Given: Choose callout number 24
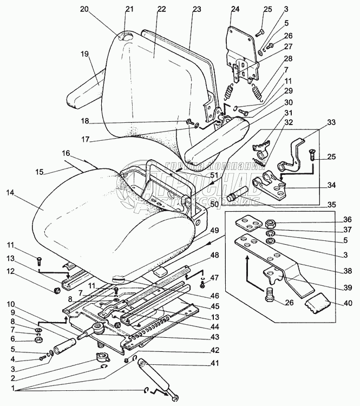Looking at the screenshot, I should [235, 9].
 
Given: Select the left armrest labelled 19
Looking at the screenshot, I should [84, 89].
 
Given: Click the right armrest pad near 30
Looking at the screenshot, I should [217, 141].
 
